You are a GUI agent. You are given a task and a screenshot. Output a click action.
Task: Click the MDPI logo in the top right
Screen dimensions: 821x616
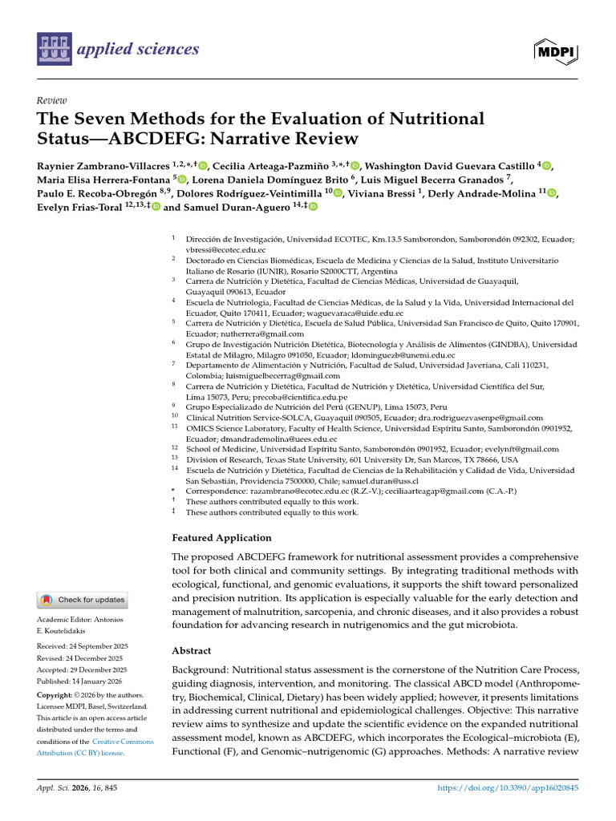[x=555, y=51]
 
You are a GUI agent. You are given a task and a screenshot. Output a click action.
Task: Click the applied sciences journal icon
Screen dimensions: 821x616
[x=53, y=50]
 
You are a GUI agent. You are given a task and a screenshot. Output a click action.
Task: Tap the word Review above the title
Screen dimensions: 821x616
[x=51, y=100]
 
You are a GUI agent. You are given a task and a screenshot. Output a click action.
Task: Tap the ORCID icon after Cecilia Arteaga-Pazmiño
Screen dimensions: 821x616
[x=355, y=166]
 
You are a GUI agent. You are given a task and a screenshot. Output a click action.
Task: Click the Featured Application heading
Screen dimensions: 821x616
[x=221, y=538]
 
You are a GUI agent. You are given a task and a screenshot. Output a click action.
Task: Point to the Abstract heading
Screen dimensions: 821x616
[x=192, y=650]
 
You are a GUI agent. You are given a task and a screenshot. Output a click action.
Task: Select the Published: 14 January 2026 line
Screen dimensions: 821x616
[x=82, y=681]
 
